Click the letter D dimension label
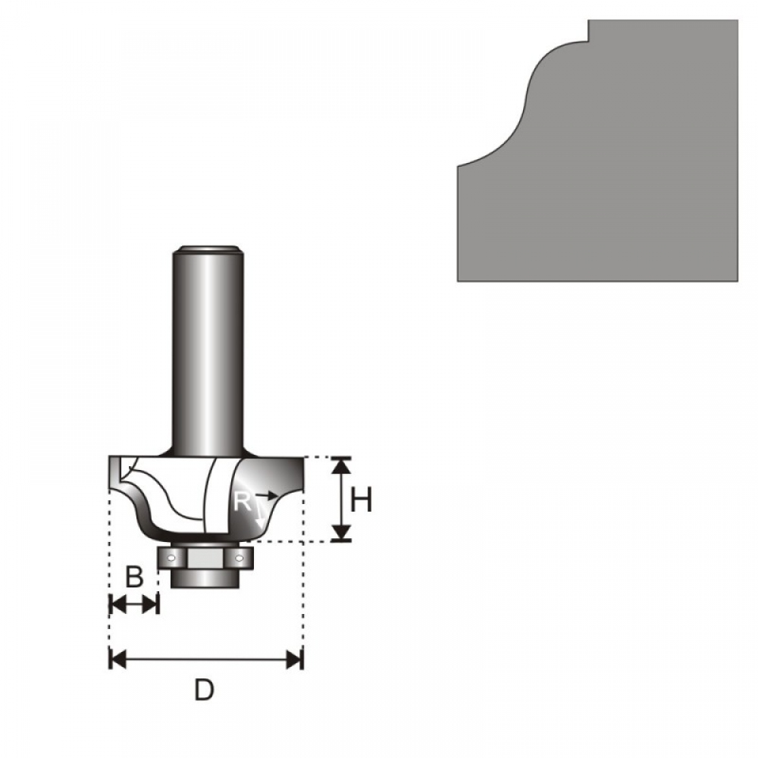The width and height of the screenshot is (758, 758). pyautogui.click(x=204, y=691)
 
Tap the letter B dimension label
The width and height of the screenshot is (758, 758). pyautogui.click(x=134, y=577)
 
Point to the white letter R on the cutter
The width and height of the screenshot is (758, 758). pyautogui.click(x=242, y=502)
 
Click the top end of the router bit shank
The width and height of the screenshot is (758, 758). pyautogui.click(x=208, y=249)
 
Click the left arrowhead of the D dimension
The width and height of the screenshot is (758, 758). pyautogui.click(x=118, y=659)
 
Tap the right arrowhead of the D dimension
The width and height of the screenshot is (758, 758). pyautogui.click(x=294, y=659)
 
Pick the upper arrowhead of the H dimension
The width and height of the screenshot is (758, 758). pyautogui.click(x=342, y=465)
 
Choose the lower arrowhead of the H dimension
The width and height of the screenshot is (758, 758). pyautogui.click(x=342, y=533)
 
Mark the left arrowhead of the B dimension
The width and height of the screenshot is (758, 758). pyautogui.click(x=118, y=604)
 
